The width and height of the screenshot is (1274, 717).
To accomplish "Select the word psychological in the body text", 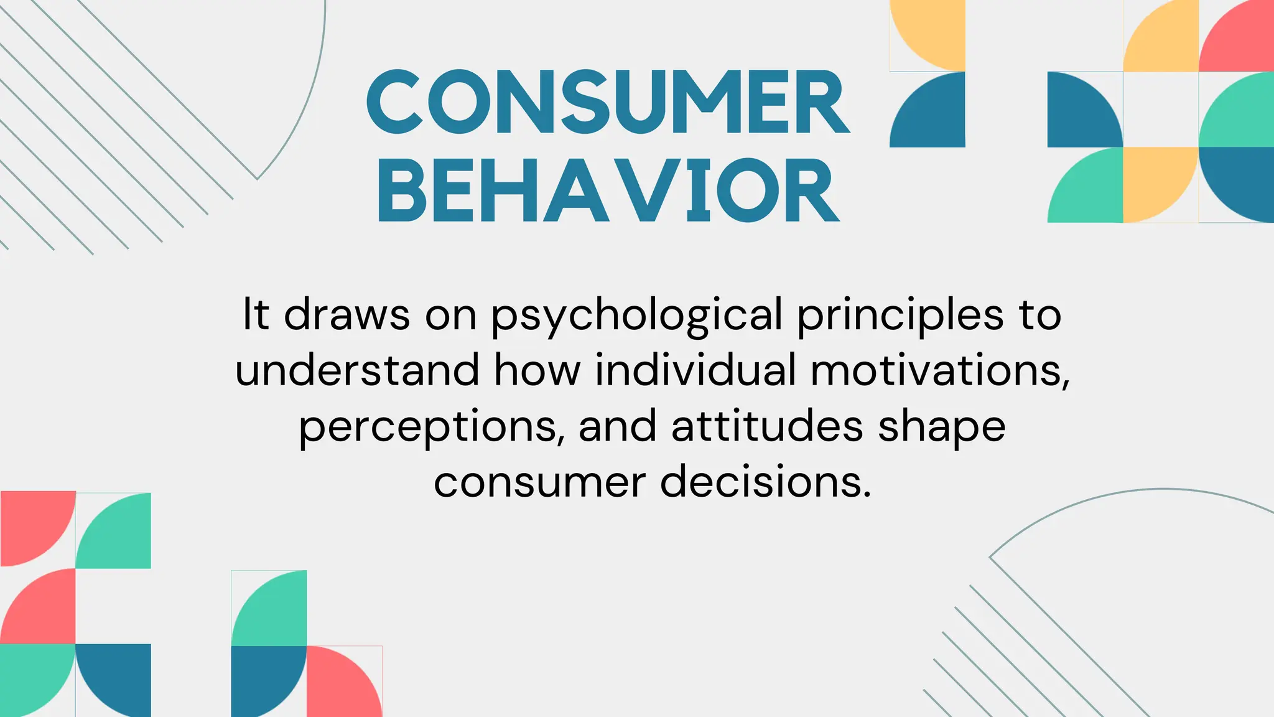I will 637,316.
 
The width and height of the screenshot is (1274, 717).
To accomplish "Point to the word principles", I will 900,316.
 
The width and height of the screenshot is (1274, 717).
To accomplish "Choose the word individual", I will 695,370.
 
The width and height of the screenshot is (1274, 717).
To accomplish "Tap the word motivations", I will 939,370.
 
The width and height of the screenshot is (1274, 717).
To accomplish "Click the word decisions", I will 765,482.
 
